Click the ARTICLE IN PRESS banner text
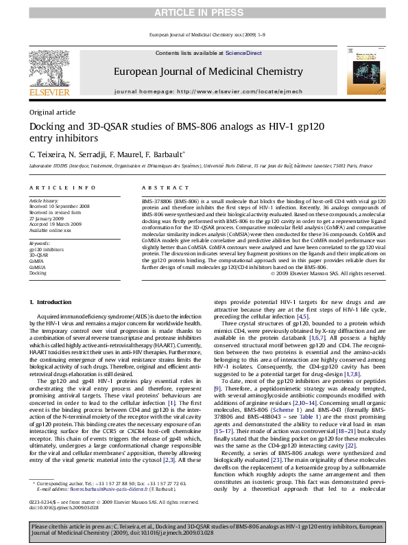click(x=204, y=13)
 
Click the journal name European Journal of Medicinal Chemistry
click(x=204, y=70)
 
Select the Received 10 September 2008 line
click(x=60, y=205)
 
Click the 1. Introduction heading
click(x=53, y=303)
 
